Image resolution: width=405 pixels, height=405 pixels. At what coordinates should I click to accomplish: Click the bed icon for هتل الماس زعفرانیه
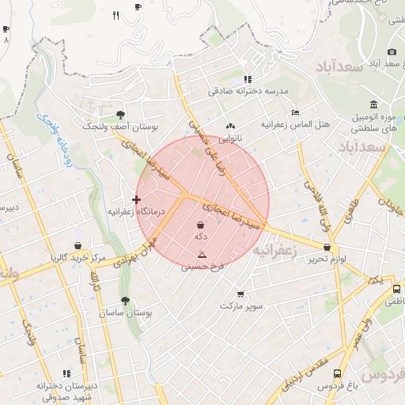pos(296,112)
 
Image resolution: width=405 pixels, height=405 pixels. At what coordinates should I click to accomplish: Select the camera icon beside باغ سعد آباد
pos(392,51)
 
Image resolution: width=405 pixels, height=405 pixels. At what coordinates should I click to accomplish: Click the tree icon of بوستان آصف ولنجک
pos(120,115)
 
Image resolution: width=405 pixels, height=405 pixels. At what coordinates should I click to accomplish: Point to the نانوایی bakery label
pos(230,138)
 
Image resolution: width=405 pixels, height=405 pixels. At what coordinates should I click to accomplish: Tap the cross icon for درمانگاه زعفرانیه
pos(137,199)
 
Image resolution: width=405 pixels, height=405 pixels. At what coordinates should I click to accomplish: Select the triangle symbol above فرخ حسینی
pos(202,255)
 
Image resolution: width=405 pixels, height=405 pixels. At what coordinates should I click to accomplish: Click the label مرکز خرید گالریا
pos(77,258)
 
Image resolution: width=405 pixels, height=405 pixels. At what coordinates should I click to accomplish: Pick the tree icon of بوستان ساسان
pos(125,301)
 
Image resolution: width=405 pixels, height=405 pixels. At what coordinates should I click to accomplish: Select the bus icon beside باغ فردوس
pos(338,373)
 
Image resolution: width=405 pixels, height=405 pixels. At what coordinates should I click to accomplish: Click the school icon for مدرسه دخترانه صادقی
pos(248,79)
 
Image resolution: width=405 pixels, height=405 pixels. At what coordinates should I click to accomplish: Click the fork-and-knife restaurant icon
pos(116,15)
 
